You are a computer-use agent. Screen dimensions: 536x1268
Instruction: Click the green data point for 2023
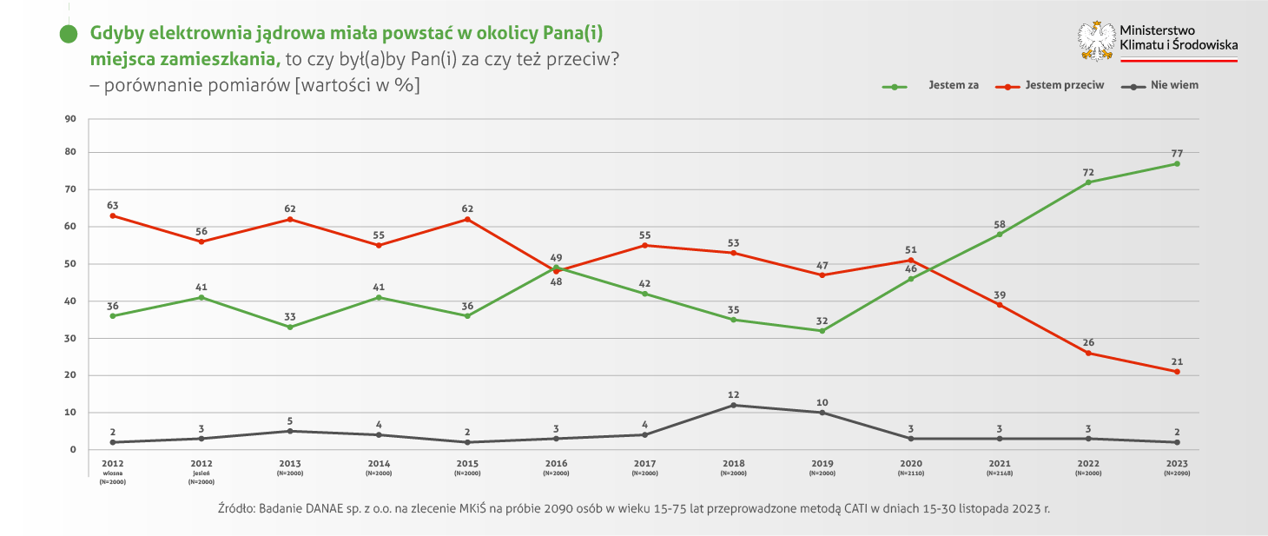tap(1177, 163)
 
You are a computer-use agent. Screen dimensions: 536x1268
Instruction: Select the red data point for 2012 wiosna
tap(113, 215)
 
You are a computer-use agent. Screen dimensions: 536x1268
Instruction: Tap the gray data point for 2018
tap(734, 405)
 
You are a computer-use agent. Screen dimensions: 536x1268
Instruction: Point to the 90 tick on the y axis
tap(71, 119)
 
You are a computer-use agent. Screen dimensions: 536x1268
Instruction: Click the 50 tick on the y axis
tap(71, 264)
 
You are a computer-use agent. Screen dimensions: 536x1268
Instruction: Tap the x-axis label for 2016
tap(556, 464)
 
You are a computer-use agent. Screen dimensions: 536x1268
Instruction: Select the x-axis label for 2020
tap(911, 464)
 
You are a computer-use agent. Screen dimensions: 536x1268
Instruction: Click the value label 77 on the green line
tap(1177, 153)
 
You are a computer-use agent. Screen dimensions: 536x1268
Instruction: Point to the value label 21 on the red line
tap(1177, 361)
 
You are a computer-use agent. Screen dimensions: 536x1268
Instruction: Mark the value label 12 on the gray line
tap(734, 394)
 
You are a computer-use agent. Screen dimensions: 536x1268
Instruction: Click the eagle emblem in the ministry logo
tap(1096, 40)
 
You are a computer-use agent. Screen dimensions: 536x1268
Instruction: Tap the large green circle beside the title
tap(68, 35)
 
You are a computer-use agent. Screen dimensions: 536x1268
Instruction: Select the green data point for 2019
tap(822, 330)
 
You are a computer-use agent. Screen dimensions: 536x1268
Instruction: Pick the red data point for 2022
tap(1088, 353)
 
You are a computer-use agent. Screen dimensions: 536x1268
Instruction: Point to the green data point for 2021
tap(1000, 235)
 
